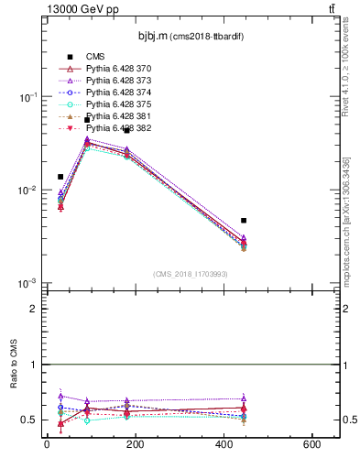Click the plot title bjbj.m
(x=150, y=37)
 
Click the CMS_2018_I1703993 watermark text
(x=191, y=273)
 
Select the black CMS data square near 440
(x=244, y=221)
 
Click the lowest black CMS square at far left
(x=60, y=177)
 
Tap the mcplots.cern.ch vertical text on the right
(x=352, y=229)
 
